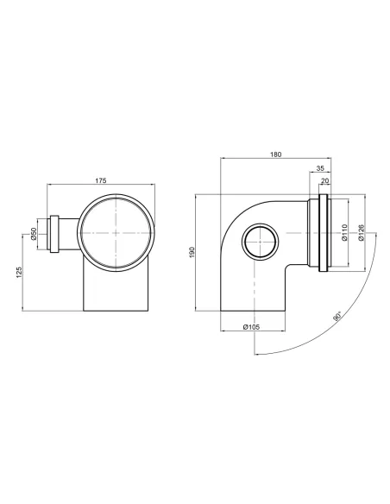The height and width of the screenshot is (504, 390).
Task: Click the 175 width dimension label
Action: point(100,180)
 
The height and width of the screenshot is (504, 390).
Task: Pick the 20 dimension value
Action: point(325,183)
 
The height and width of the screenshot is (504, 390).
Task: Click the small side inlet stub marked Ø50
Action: point(53,233)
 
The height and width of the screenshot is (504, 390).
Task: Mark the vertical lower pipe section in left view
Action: point(116,289)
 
